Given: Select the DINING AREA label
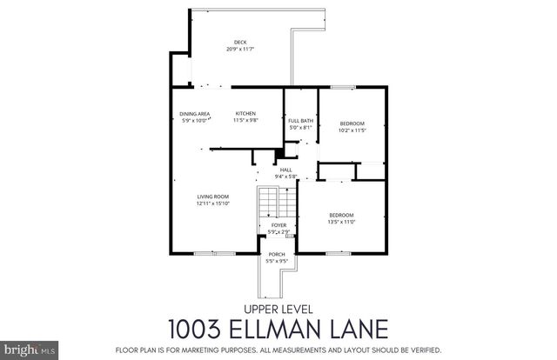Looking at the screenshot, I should tap(194, 114).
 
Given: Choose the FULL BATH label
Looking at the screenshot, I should tap(300, 120).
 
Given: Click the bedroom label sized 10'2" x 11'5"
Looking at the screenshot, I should tap(352, 123).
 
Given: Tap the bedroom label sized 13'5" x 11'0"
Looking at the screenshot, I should tap(341, 215).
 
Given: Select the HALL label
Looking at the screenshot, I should tap(285, 170).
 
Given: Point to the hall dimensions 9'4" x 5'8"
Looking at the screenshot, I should tap(285, 177).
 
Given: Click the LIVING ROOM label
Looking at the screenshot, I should tap(212, 197).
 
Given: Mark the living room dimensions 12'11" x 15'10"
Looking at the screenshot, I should tap(212, 203).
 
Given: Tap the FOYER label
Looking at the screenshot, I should tap(278, 225).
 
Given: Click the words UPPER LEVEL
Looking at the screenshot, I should tap(278, 310).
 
